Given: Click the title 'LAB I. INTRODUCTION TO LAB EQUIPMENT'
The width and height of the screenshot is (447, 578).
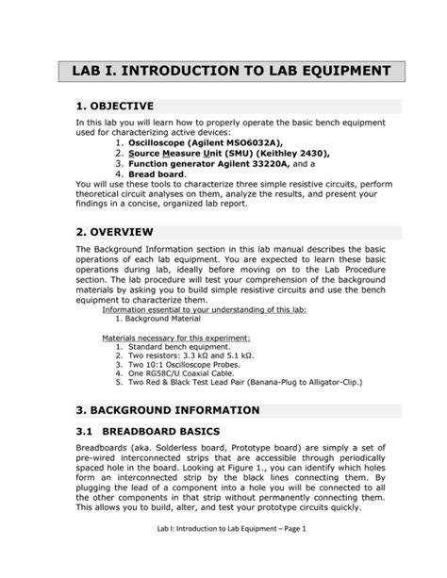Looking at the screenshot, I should [x=223, y=72].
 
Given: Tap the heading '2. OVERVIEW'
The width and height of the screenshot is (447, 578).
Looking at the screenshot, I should [x=121, y=232].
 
